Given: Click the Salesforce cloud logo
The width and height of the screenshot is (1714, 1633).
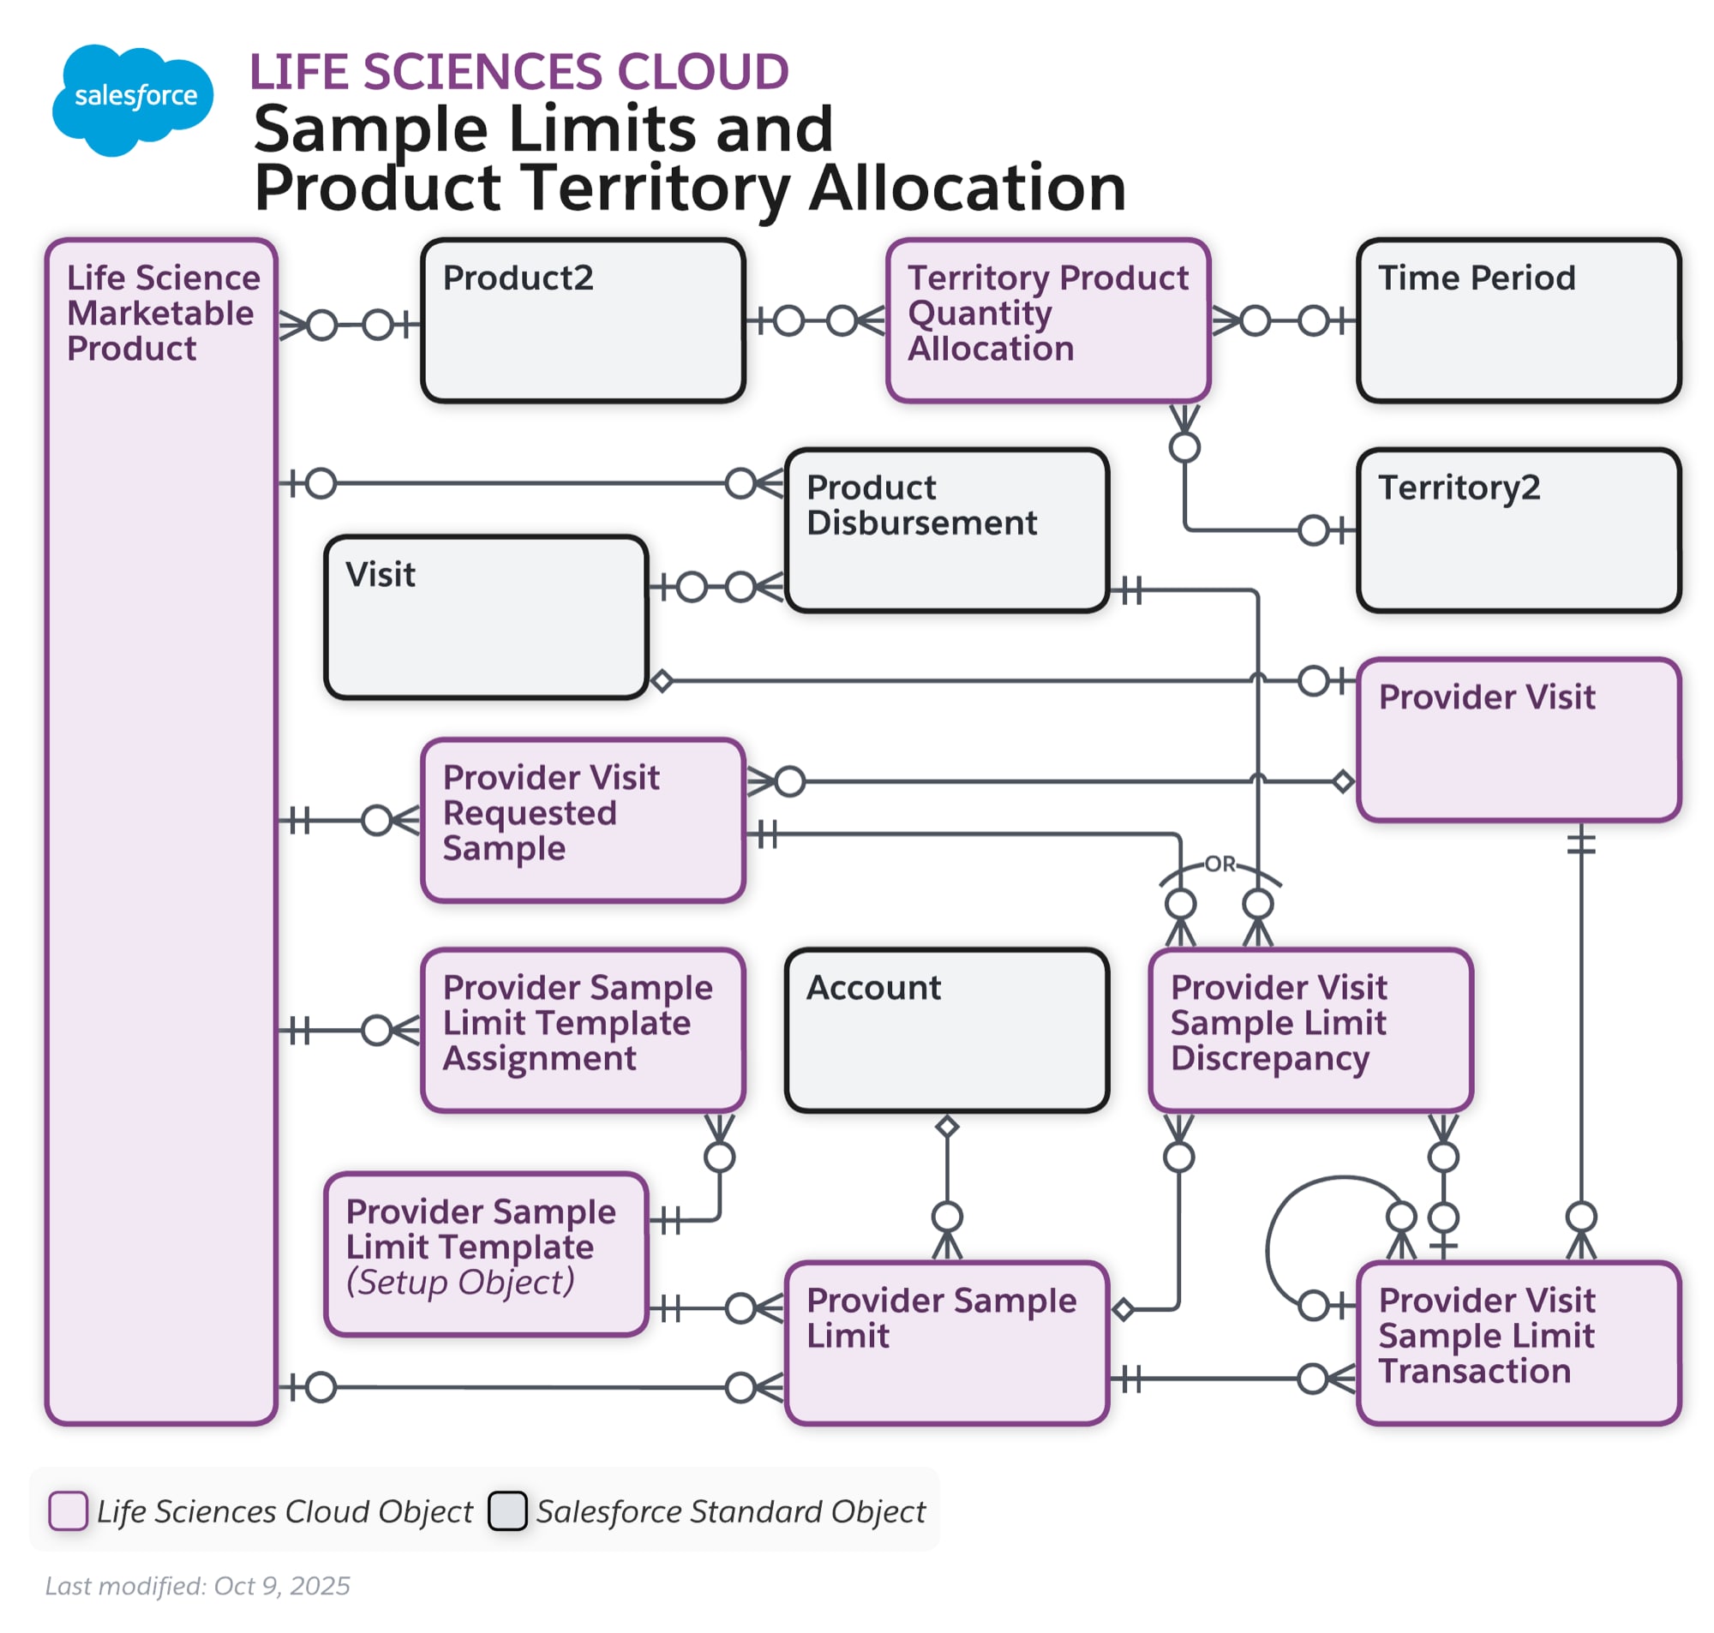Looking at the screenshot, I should pos(131,99).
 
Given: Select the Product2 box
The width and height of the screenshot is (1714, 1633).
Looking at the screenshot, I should pos(582,320).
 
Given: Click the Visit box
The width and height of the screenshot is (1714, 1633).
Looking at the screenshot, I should pos(485,615).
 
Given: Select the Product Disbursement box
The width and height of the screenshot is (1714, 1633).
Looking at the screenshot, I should pos(945,529).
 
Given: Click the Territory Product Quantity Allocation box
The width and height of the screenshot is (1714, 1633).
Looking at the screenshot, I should pos(1046,320).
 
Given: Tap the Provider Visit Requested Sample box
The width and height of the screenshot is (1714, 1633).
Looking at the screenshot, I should pos(582,819).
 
